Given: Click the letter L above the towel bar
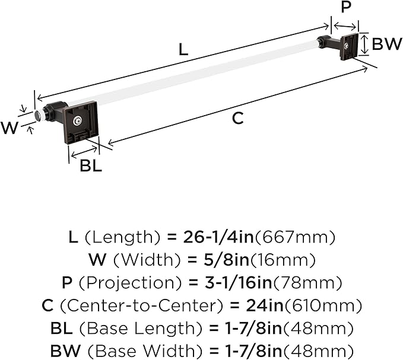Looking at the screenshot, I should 183,50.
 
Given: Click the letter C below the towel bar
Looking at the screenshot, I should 237,118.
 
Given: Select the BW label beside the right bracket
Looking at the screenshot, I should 386,44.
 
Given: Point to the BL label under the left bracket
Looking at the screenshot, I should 91,166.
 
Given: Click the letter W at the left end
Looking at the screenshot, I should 10,128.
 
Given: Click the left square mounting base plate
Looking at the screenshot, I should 81,123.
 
